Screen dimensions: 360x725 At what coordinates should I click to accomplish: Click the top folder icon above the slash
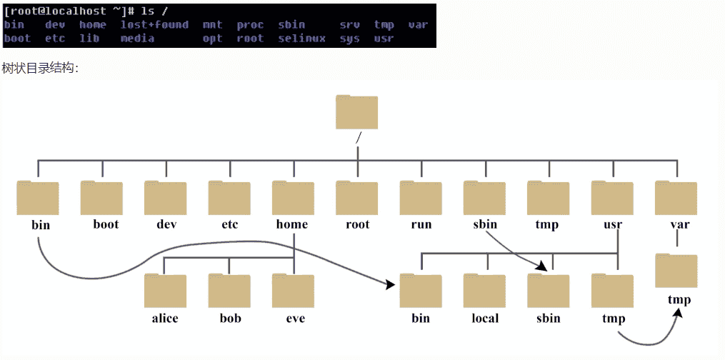(x=356, y=113)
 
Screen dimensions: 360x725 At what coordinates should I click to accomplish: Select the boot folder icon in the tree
(x=101, y=199)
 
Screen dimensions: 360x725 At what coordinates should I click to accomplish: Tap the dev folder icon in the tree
(x=166, y=199)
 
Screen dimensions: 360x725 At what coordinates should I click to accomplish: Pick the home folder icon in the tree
(x=294, y=199)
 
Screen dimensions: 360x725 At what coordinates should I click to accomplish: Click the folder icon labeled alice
(x=165, y=291)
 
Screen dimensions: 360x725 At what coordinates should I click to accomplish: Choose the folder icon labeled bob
(x=229, y=291)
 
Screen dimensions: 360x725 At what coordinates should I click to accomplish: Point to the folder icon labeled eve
(x=294, y=291)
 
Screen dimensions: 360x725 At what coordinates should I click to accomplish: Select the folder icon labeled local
(x=485, y=291)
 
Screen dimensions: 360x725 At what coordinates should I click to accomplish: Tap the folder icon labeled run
(x=421, y=199)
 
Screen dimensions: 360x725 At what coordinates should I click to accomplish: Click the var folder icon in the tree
(x=676, y=199)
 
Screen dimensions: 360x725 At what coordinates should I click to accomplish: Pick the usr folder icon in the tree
(x=613, y=199)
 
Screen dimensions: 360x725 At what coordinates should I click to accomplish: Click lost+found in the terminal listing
(x=154, y=25)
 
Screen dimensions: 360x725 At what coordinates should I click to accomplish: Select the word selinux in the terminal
(x=301, y=39)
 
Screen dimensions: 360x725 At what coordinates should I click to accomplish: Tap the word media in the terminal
(x=137, y=39)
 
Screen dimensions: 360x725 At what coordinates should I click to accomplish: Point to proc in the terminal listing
(x=250, y=25)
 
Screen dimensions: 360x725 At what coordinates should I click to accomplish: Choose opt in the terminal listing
(x=212, y=39)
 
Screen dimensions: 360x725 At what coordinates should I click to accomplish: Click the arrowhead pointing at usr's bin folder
(x=391, y=284)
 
